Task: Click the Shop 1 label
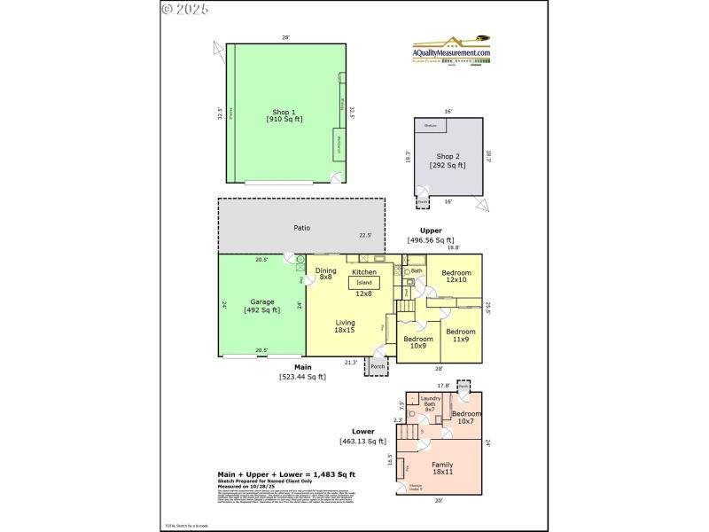tap(284, 115)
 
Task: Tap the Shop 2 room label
tap(450, 160)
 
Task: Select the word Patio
tap(302, 228)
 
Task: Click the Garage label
tap(261, 305)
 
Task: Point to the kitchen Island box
tap(364, 283)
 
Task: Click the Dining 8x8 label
tap(325, 274)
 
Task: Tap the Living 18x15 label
tap(345, 325)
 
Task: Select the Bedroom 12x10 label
tap(456, 276)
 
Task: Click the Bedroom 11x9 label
tap(461, 335)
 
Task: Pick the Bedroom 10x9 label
tap(418, 342)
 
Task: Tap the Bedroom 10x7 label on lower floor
tap(466, 417)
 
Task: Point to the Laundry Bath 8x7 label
tap(431, 403)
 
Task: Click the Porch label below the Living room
tap(378, 366)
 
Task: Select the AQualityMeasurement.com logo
tap(451, 50)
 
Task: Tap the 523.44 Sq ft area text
tap(302, 377)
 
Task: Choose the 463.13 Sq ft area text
tap(362, 442)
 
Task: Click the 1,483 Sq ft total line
tap(286, 474)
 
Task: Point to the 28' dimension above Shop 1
tap(285, 37)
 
